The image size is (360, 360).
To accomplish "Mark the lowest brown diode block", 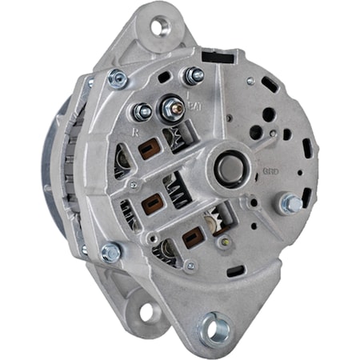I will click(x=191, y=238).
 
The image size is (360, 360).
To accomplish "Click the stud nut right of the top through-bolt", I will click(x=192, y=77).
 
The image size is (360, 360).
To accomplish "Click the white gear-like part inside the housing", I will click(x=218, y=217).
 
